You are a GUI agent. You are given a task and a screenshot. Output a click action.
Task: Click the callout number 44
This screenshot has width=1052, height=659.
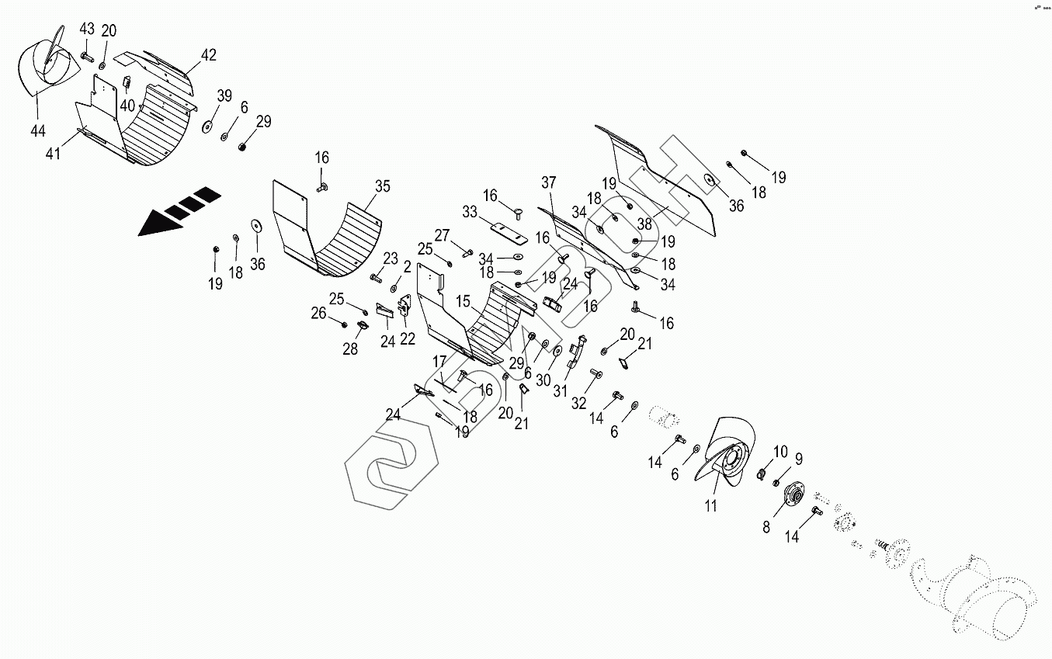click(x=38, y=131)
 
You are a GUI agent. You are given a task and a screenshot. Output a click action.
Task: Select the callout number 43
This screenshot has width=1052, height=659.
click(x=86, y=29)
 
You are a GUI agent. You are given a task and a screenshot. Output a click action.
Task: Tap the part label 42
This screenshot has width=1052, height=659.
click(x=208, y=55)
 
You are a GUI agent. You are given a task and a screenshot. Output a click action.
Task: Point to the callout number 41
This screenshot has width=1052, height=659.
click(x=53, y=154)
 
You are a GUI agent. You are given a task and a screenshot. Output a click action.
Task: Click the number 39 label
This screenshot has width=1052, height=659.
click(x=224, y=95)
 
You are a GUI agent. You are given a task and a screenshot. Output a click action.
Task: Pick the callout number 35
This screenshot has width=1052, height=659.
click(x=382, y=186)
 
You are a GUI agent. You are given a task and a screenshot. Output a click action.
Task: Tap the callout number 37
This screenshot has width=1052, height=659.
click(x=549, y=182)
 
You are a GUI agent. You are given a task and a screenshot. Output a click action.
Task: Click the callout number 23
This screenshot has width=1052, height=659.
click(x=390, y=258)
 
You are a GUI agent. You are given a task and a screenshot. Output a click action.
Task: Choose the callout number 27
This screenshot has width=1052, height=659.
click(x=442, y=235)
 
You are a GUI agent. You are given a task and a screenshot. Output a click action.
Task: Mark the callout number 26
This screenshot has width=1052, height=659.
click(x=318, y=314)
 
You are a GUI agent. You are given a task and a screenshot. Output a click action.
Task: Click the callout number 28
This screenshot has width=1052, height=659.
click(x=350, y=349)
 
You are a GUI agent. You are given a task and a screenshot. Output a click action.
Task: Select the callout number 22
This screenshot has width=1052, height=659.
click(x=408, y=338)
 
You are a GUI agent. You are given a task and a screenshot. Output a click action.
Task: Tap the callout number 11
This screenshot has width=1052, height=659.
click(x=710, y=507)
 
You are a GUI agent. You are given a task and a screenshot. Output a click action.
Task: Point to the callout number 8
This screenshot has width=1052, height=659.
click(x=766, y=528)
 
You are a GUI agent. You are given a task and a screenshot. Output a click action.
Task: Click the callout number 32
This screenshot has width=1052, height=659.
click(x=578, y=403)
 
